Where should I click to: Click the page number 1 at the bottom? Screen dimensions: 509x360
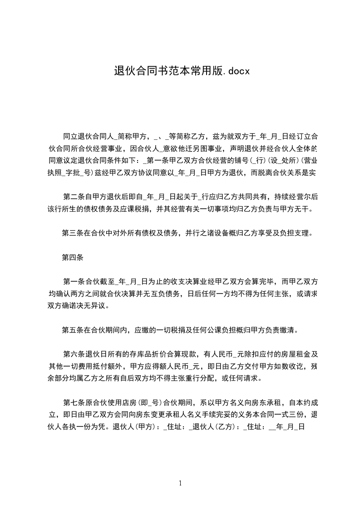pyautogui.click(x=180, y=483)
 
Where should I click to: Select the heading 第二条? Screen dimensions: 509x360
pyautogui.click(x=72, y=197)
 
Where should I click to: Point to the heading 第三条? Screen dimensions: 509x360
pyautogui.click(x=72, y=234)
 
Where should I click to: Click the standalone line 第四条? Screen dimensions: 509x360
pyautogui.click(x=72, y=258)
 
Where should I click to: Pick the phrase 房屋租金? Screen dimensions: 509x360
pyautogui.click(x=292, y=354)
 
